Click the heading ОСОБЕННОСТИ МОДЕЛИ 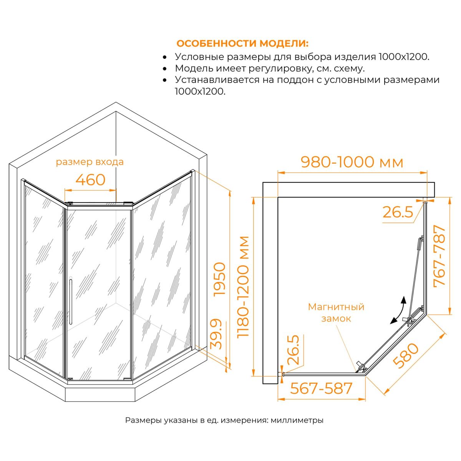click(x=242, y=43)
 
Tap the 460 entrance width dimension click(x=90, y=180)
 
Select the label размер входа click(x=90, y=162)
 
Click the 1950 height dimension click(x=219, y=279)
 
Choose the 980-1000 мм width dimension click(x=352, y=162)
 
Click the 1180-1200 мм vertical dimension click(x=243, y=287)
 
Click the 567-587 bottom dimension click(x=321, y=388)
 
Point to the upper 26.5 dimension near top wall click(x=398, y=212)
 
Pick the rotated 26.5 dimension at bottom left click(x=293, y=350)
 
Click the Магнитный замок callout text click(x=336, y=313)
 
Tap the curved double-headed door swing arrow click(x=398, y=310)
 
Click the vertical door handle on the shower click(x=71, y=301)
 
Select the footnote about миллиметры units click(x=224, y=427)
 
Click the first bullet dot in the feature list click(x=164, y=58)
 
